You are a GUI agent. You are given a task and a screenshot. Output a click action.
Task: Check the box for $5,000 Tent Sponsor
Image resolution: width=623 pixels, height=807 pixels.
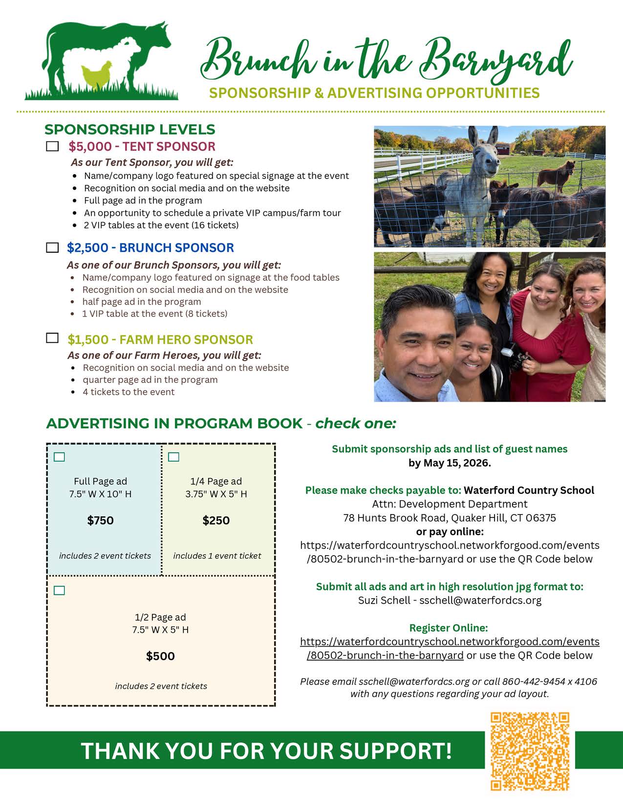(x=52, y=146)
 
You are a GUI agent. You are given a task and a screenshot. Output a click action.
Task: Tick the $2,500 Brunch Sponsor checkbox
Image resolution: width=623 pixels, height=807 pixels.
(x=52, y=247)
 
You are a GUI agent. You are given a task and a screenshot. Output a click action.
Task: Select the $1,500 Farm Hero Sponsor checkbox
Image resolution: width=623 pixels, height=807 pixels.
(x=52, y=338)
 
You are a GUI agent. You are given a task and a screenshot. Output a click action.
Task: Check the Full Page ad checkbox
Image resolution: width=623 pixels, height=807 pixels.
(x=59, y=457)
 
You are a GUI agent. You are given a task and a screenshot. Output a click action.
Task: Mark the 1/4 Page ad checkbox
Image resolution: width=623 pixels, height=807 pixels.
(x=173, y=457)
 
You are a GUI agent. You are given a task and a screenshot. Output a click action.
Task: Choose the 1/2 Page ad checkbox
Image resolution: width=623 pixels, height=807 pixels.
(x=59, y=590)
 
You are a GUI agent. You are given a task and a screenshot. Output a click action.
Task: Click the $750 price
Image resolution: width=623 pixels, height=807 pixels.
(x=100, y=520)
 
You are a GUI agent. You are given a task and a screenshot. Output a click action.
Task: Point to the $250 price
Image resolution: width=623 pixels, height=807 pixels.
(x=216, y=520)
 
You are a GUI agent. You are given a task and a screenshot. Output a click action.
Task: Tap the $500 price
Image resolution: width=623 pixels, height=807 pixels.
(x=160, y=656)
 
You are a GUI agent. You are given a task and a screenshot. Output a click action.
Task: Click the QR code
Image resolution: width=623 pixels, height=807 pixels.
(x=530, y=751)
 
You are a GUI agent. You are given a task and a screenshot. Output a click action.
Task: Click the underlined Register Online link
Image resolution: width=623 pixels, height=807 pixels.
(x=449, y=648)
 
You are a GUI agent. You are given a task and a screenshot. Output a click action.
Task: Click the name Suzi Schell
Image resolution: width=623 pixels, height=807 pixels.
(x=384, y=600)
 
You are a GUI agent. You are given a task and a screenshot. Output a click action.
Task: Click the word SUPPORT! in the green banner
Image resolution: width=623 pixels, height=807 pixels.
(x=396, y=751)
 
